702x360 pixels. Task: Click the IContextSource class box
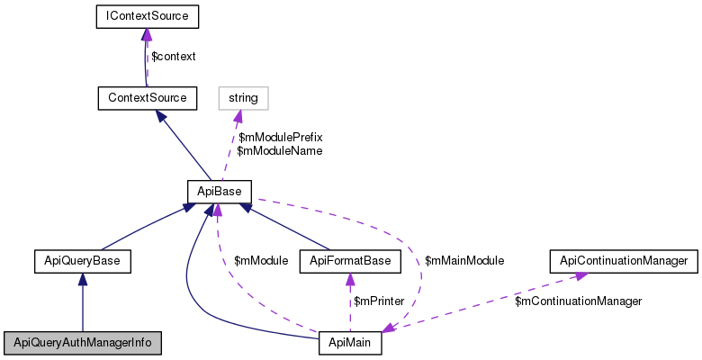click(x=147, y=16)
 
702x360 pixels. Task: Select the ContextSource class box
click(x=147, y=97)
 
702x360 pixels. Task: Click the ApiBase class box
click(x=220, y=191)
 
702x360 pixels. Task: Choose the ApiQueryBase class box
click(x=83, y=261)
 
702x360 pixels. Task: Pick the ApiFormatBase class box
click(x=350, y=261)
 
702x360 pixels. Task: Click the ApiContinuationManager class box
click(x=624, y=261)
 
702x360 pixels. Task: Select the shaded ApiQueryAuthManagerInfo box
click(x=82, y=343)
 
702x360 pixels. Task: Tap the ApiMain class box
click(x=350, y=343)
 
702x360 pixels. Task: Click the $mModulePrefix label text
click(x=280, y=138)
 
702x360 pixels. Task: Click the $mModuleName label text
click(x=279, y=151)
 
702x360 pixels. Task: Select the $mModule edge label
click(x=261, y=261)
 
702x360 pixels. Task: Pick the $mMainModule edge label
click(x=463, y=261)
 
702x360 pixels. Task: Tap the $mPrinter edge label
click(x=378, y=301)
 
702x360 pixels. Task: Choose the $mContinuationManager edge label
click(x=578, y=301)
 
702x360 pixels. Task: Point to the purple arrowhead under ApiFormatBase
click(x=350, y=279)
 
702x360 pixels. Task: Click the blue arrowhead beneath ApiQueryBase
click(x=83, y=280)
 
